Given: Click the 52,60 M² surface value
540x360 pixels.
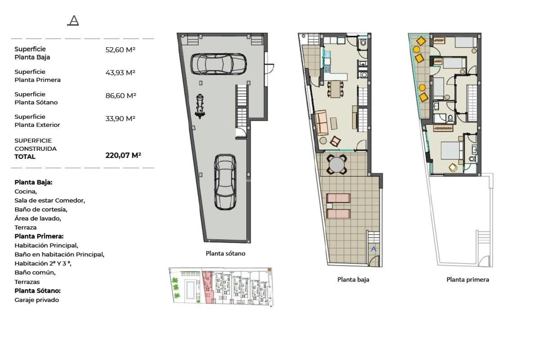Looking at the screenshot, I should (120, 50).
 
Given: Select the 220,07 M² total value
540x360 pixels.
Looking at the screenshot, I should (123, 155).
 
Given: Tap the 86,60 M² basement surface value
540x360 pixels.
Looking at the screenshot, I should (121, 96).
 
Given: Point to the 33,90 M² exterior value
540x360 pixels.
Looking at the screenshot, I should (120, 119).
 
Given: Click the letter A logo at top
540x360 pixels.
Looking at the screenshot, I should (73, 21).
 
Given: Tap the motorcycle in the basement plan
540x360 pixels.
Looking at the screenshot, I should (200, 106).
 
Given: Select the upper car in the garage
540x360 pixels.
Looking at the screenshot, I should (219, 64).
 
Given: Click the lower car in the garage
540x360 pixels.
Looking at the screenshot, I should (225, 182).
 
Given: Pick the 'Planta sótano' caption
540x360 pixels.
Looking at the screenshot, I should (225, 253).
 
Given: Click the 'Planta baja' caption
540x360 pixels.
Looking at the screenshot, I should (353, 280).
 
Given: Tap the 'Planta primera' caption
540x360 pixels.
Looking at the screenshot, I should (467, 280).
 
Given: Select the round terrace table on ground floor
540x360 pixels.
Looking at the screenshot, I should (337, 165).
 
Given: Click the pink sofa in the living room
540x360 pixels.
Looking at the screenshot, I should (321, 123).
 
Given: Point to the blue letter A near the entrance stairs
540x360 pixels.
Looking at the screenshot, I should (373, 249).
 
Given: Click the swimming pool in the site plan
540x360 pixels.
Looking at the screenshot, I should (190, 290).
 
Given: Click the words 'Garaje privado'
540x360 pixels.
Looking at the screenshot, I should (37, 300).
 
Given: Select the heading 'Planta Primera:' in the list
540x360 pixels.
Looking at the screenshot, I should (39, 236).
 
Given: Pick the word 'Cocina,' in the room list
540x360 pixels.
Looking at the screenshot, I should (26, 192).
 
